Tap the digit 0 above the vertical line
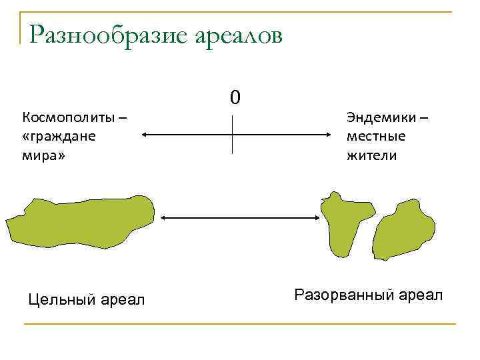[x=234, y=98]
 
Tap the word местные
[x=376, y=137]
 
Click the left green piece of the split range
[x=344, y=223]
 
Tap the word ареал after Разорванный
[x=421, y=294]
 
